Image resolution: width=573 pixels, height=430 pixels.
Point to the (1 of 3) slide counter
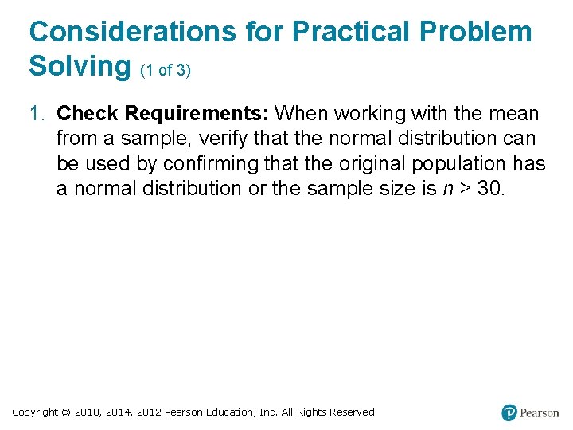165,70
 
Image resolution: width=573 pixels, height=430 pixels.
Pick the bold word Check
88,114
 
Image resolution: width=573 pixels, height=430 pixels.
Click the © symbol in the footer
67,412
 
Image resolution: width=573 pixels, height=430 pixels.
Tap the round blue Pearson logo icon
509,412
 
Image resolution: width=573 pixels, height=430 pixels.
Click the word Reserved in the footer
351,412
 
